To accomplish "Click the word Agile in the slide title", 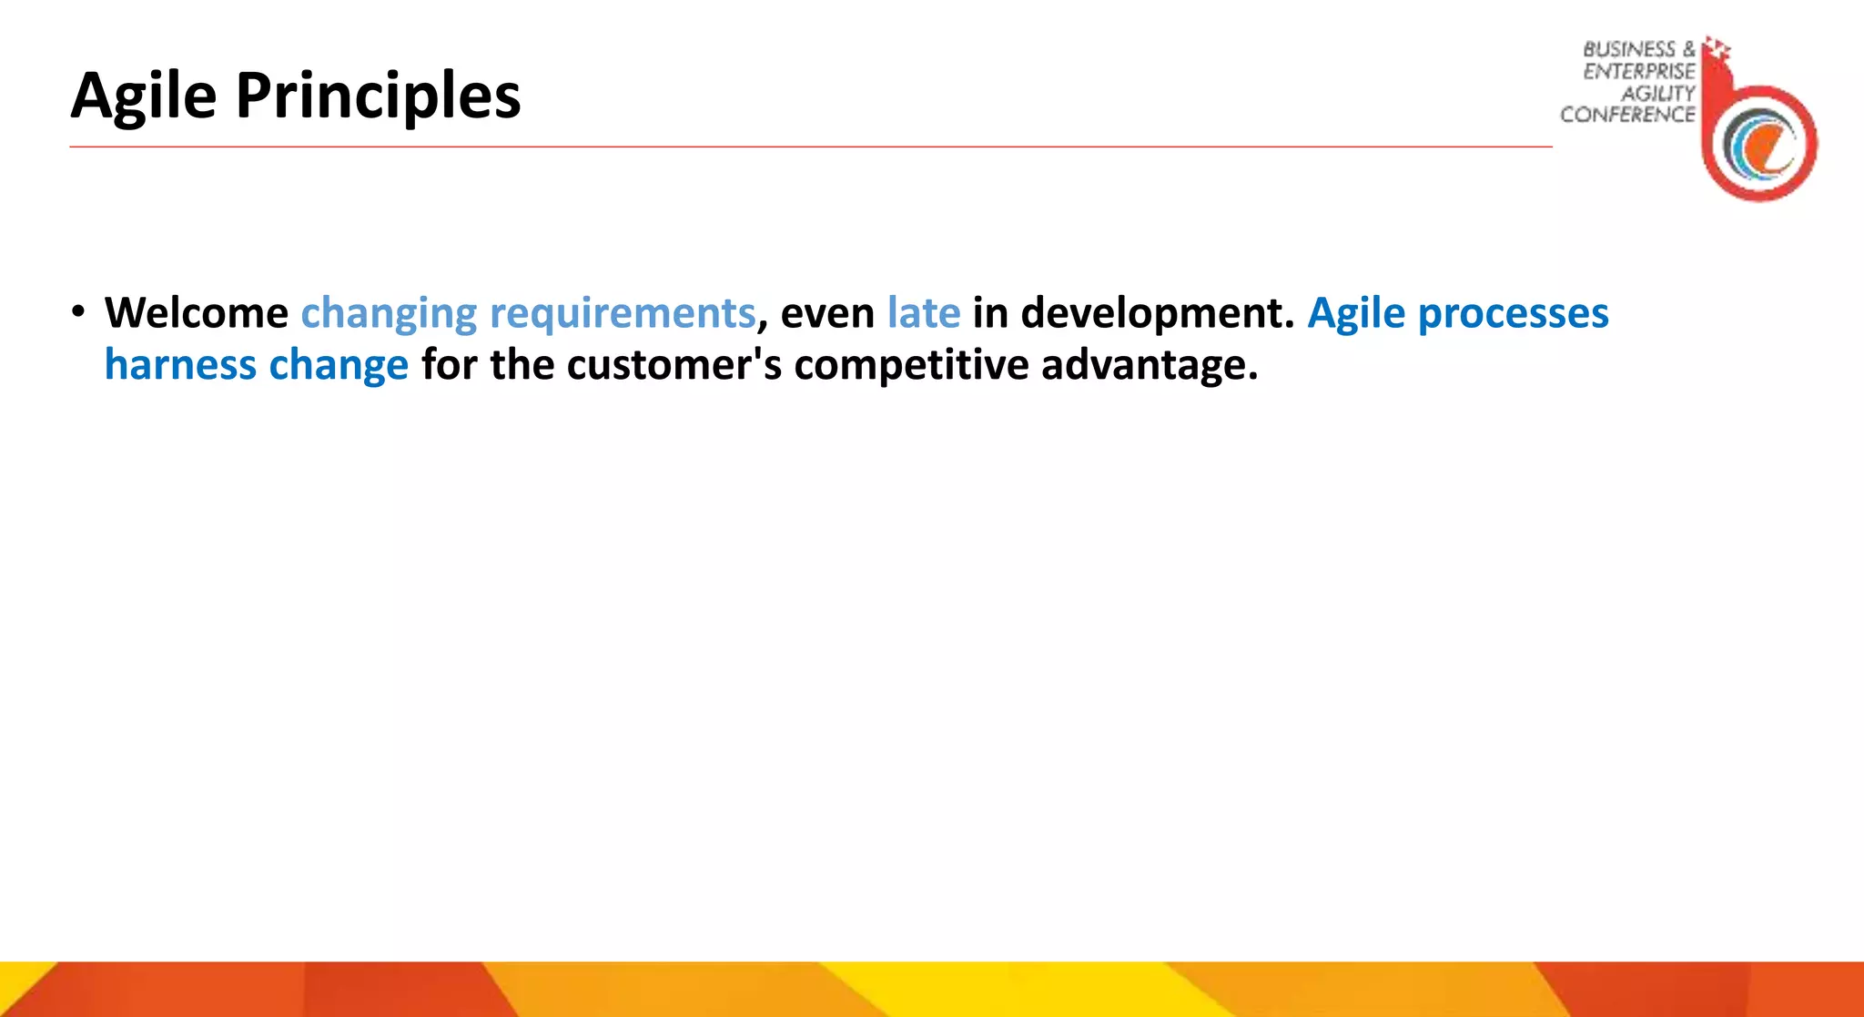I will pos(144,97).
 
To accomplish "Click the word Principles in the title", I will pos(378,97).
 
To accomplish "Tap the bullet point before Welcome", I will pos(79,312).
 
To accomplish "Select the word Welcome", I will pos(196,313).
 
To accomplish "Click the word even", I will pos(827,314).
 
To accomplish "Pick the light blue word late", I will pos(923,313).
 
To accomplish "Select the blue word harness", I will pos(180,365).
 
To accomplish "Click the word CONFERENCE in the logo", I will pos(1627,115).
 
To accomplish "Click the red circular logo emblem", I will pos(1760,142).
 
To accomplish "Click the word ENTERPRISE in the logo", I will pos(1638,71).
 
